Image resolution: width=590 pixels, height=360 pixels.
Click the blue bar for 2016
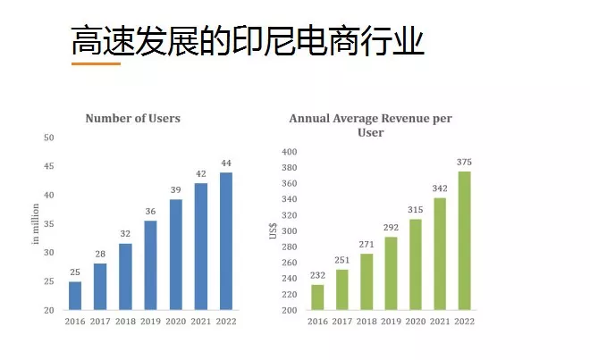pos(75,296)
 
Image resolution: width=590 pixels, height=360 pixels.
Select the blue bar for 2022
pos(225,241)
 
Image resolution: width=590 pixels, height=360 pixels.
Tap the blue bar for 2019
pos(150,264)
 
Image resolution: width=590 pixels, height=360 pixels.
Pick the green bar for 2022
pos(464,240)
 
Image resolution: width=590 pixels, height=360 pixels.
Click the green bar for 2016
pos(318,297)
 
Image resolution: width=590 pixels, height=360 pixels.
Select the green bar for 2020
pos(415,264)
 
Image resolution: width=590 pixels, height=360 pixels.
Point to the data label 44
pos(226,163)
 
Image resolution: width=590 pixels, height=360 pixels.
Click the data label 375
pos(464,162)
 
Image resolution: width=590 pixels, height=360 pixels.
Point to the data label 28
pos(101,255)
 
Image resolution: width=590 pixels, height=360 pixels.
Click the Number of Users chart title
pos(132,118)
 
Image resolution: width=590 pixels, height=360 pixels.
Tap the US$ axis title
pos(274,230)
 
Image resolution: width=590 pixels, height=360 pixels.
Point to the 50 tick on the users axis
pos(50,138)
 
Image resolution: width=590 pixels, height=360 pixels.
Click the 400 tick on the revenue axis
pos(289,152)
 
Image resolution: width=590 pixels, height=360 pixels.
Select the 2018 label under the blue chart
pos(126,322)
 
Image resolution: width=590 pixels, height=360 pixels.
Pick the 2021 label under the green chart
pos(440,322)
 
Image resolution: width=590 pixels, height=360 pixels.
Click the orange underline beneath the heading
pos(96,63)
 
